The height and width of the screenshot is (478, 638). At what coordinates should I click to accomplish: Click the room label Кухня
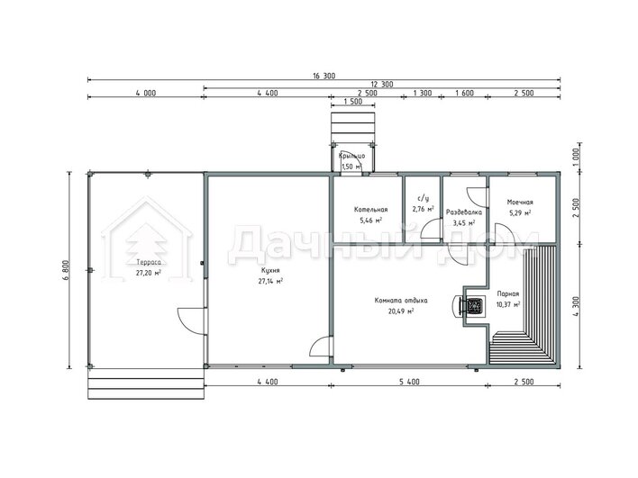pos(270,270)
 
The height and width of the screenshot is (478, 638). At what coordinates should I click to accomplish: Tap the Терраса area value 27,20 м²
pos(148,273)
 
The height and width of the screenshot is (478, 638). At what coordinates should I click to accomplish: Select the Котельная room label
pos(370,210)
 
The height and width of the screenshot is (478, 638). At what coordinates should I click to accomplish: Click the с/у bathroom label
pos(424,199)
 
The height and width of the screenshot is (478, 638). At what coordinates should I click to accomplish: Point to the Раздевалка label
pos(464,212)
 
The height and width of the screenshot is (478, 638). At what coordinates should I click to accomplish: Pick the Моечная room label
pos(520,202)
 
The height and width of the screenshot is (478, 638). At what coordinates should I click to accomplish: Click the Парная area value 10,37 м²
pos(508,304)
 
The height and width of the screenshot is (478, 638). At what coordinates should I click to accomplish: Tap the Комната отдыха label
pos(401,301)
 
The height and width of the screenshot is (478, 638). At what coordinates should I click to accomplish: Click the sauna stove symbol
pos(474,306)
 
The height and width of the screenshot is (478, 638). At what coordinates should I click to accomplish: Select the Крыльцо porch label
pos(351,156)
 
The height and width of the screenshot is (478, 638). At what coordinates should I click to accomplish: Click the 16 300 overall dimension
pos(324,76)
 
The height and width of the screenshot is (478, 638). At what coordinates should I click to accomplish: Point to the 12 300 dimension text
pos(382,85)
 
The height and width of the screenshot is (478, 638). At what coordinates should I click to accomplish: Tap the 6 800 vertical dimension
pos(67,270)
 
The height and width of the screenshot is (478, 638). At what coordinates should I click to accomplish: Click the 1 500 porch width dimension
pos(352,101)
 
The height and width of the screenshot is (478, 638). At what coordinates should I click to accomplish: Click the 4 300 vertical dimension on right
pos(576,307)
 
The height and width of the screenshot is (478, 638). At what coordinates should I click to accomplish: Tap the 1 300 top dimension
pos(423,93)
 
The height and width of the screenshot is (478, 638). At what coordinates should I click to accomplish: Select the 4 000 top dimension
pos(146,93)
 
